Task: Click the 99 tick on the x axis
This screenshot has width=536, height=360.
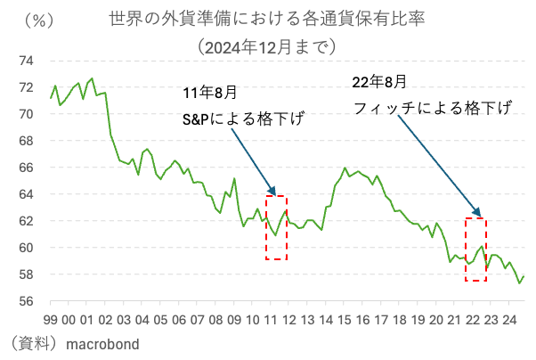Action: click(51, 319)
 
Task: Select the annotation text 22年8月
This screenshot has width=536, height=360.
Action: click(379, 81)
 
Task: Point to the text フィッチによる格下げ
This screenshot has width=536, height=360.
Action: click(432, 108)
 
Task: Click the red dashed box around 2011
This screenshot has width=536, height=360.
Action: click(276, 227)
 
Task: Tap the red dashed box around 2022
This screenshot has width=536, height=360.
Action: click(476, 250)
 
